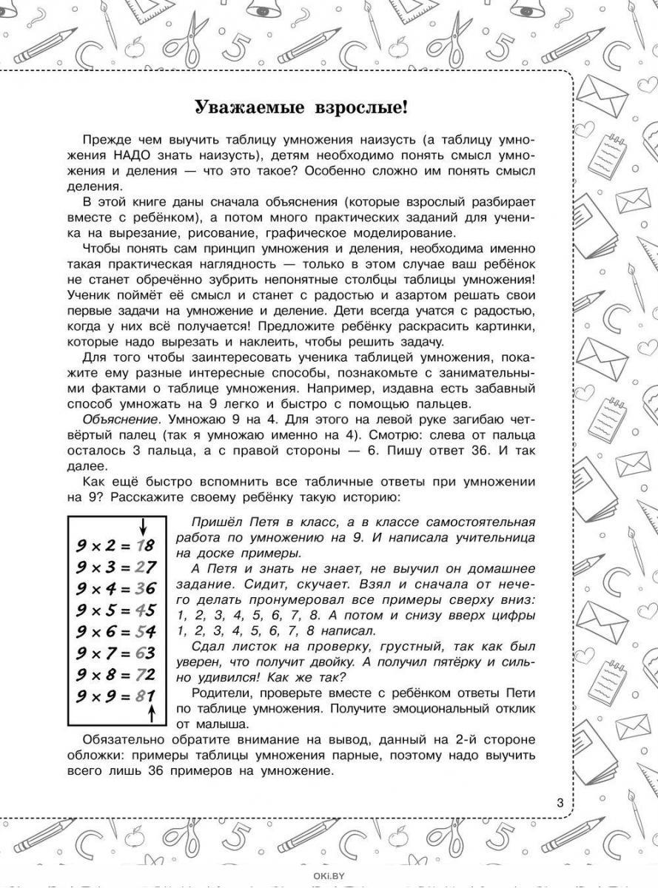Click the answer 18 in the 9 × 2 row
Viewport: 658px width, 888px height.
146,546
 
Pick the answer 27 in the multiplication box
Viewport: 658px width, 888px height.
146,568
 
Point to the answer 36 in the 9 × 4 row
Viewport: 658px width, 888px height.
146,589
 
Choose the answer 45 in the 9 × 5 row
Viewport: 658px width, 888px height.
146,610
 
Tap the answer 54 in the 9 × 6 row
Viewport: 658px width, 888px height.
146,632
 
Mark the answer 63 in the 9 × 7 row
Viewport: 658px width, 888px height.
146,653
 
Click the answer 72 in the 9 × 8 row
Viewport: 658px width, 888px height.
146,675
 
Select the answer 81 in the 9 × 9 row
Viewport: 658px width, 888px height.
146,696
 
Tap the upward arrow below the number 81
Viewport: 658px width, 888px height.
152,713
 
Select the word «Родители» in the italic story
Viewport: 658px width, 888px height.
215,693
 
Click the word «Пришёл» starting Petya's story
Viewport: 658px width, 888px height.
210,522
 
